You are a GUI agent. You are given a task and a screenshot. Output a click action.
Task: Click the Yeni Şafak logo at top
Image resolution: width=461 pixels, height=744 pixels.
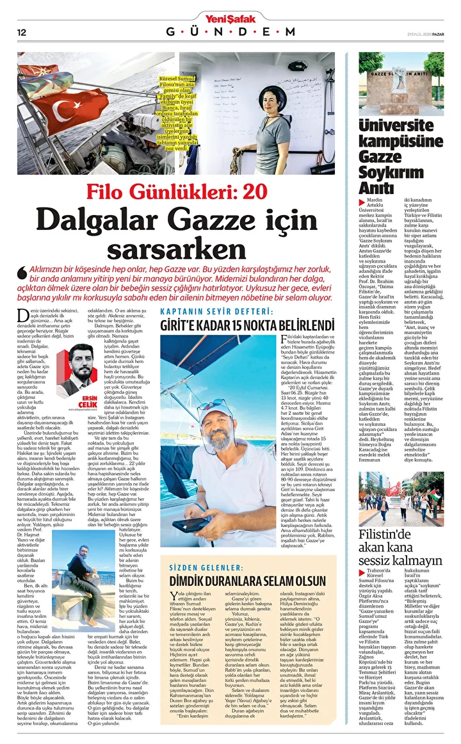click(x=230, y=17)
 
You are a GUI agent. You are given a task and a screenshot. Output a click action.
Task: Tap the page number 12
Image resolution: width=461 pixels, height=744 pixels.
click(x=21, y=32)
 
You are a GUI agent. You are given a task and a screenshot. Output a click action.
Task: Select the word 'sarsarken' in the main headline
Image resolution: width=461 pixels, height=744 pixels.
click(x=176, y=248)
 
